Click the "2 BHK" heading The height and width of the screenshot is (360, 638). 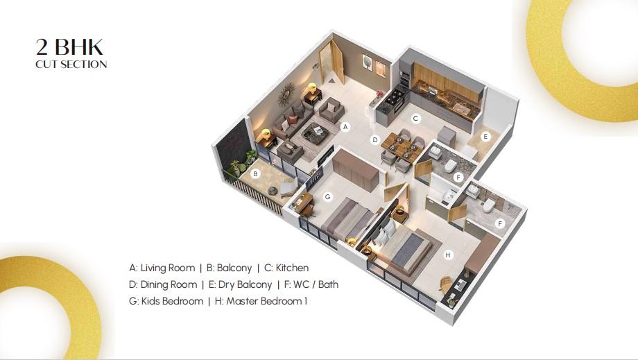point(69,47)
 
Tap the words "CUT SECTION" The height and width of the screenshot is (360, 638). point(71,65)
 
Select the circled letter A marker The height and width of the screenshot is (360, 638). point(345,127)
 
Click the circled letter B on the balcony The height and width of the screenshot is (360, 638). point(255,174)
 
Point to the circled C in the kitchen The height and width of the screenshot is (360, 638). point(415,119)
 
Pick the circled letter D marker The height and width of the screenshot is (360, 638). point(374,140)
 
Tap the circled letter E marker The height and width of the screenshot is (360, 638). point(485,137)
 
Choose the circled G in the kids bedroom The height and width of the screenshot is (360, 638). point(327,197)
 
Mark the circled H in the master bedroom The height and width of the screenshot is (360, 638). point(448,255)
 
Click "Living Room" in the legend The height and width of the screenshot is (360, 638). point(168,268)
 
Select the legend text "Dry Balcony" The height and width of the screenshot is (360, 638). point(245,285)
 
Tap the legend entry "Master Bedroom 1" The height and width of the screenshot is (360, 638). point(266,302)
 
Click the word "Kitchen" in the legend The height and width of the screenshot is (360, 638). point(292,268)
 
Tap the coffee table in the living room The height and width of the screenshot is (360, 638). point(316,131)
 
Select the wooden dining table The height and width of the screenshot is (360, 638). point(399,147)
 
